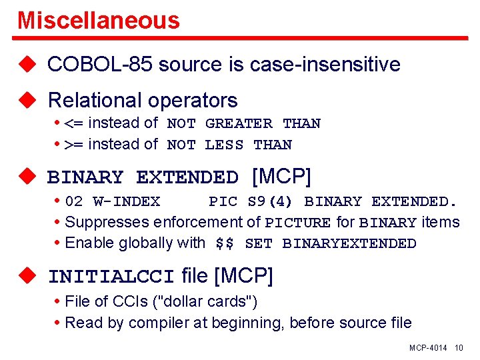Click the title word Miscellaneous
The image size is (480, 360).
[x=99, y=20]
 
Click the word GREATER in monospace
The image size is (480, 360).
[x=239, y=124]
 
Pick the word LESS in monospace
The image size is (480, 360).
[x=224, y=145]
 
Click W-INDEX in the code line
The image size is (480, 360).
[x=126, y=201]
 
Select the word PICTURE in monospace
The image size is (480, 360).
[x=297, y=223]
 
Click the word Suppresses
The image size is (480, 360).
[x=109, y=222]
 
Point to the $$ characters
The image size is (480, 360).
[x=225, y=244]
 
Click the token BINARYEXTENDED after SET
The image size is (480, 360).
[x=349, y=244]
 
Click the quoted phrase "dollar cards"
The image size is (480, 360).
[x=205, y=301]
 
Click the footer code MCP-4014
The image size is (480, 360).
[x=429, y=348]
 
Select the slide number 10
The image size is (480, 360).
[x=459, y=348]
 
